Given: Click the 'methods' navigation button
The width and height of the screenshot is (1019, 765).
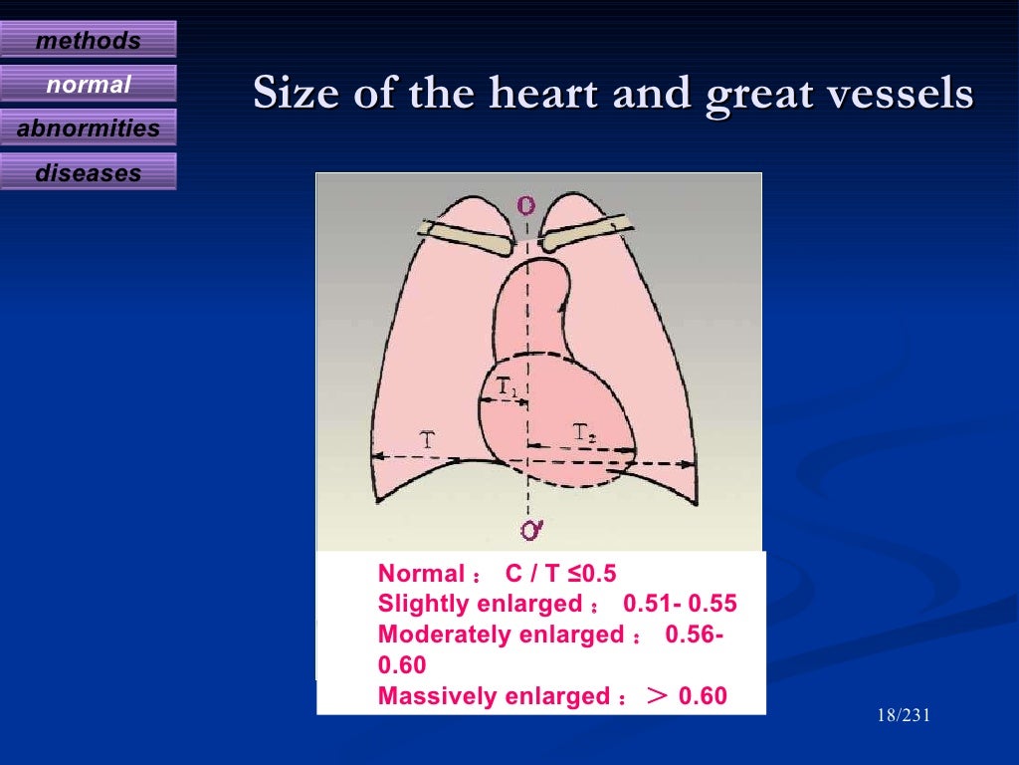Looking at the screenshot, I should click(88, 41).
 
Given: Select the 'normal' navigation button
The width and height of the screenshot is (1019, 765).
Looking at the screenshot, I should click(88, 85).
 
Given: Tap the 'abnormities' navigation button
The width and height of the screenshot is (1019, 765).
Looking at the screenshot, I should click(88, 128).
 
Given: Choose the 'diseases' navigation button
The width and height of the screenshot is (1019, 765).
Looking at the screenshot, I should click(88, 172).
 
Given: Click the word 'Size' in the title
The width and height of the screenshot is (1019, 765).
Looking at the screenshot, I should click(288, 94).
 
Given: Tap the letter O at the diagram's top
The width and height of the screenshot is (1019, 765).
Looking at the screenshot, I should click(525, 205).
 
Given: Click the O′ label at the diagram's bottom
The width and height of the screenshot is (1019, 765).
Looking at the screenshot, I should click(531, 531).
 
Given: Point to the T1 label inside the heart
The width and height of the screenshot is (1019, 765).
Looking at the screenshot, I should click(507, 386).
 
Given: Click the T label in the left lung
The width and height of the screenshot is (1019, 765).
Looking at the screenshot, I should click(426, 439).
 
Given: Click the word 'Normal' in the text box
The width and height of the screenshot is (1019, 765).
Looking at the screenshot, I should click(421, 574).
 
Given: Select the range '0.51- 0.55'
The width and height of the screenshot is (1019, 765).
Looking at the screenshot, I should click(680, 604).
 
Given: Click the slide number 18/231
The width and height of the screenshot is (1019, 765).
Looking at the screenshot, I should click(904, 716).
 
